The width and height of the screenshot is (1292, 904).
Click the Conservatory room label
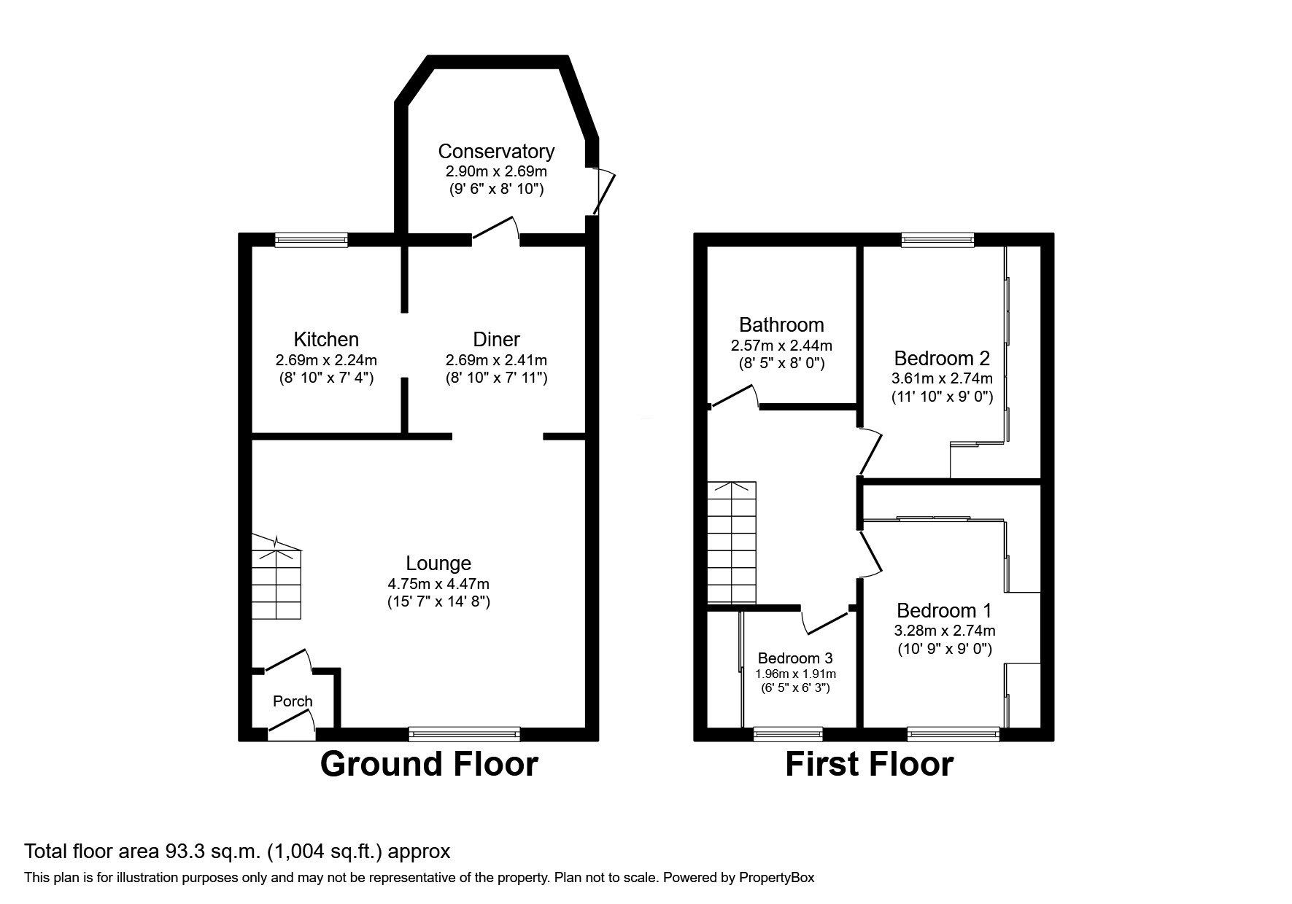(x=496, y=151)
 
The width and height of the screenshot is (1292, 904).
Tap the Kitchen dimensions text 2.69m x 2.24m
(x=326, y=360)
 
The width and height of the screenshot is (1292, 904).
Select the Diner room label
(x=496, y=339)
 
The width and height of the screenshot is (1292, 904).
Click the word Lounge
(x=438, y=563)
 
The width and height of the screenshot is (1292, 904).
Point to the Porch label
(x=293, y=701)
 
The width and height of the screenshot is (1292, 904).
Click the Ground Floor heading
(x=429, y=764)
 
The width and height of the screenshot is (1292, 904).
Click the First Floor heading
(x=869, y=764)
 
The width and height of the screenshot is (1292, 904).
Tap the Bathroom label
(x=781, y=324)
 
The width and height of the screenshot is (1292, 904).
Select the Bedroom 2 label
(x=942, y=358)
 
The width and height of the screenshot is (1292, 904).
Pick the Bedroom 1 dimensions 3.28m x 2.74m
(x=945, y=631)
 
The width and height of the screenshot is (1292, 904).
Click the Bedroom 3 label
(x=795, y=658)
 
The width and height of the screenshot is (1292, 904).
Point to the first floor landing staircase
(x=732, y=543)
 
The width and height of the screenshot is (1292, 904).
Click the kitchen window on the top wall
(x=312, y=240)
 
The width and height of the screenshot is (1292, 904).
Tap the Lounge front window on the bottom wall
(x=465, y=733)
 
